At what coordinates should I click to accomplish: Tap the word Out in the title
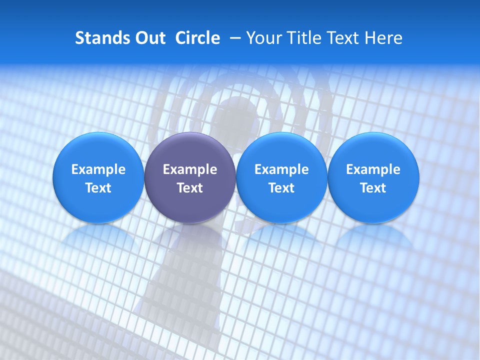(x=149, y=38)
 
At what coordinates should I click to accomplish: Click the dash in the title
(x=233, y=38)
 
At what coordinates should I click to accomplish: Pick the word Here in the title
(x=383, y=38)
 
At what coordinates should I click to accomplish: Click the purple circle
(x=190, y=178)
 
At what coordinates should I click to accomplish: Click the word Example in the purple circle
(x=190, y=169)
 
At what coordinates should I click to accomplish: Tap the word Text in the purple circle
(x=190, y=188)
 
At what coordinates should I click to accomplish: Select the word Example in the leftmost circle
(x=98, y=169)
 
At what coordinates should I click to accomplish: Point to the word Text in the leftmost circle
(x=98, y=188)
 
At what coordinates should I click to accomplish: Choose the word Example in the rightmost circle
(x=373, y=169)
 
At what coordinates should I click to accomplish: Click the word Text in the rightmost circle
(x=373, y=188)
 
